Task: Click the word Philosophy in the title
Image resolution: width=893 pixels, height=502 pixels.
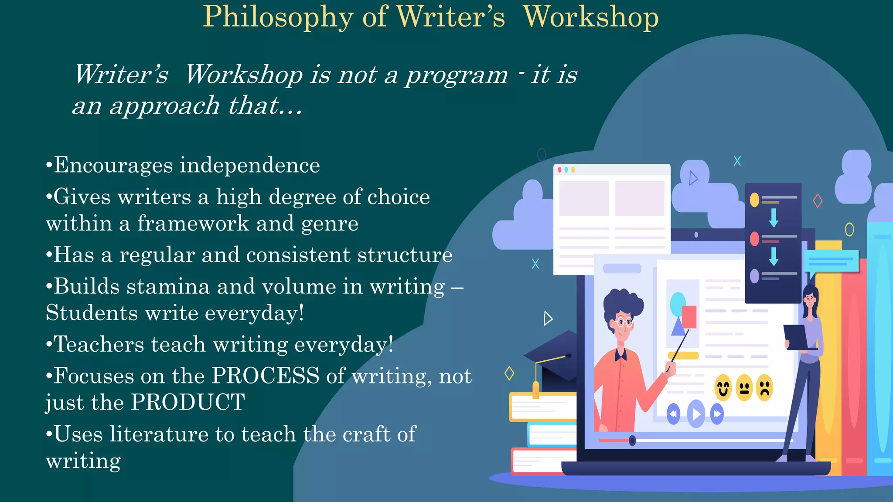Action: coord(278,17)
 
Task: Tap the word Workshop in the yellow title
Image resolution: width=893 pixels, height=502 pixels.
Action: coord(591,17)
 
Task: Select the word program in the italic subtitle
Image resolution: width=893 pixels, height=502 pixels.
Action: coord(456,75)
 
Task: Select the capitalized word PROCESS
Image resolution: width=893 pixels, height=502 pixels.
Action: coord(266,376)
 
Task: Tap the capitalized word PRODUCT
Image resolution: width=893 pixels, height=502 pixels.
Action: coord(188,402)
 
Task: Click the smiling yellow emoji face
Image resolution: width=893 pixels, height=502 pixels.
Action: coord(723,387)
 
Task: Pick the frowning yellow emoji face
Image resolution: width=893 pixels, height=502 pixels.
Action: coord(764,387)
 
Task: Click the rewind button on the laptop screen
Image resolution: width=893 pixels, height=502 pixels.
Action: coord(673,414)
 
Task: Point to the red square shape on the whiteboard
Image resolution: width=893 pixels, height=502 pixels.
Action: coord(689,316)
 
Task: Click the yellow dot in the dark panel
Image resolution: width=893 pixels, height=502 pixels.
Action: coord(754,200)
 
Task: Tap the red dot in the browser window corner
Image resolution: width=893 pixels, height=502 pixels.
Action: coord(559,170)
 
